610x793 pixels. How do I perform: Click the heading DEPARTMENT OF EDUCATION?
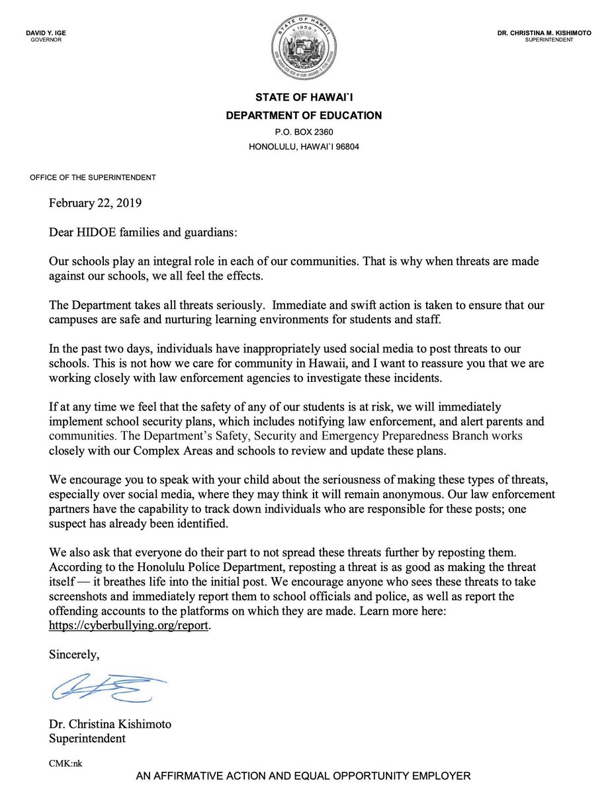click(x=304, y=116)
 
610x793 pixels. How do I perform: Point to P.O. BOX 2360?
click(x=304, y=132)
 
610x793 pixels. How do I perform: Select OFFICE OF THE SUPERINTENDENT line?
click(x=93, y=178)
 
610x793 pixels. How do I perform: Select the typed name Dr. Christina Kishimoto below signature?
click(x=110, y=724)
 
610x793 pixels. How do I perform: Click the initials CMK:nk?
click(x=65, y=763)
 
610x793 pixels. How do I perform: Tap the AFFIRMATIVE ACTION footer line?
click(x=304, y=777)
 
